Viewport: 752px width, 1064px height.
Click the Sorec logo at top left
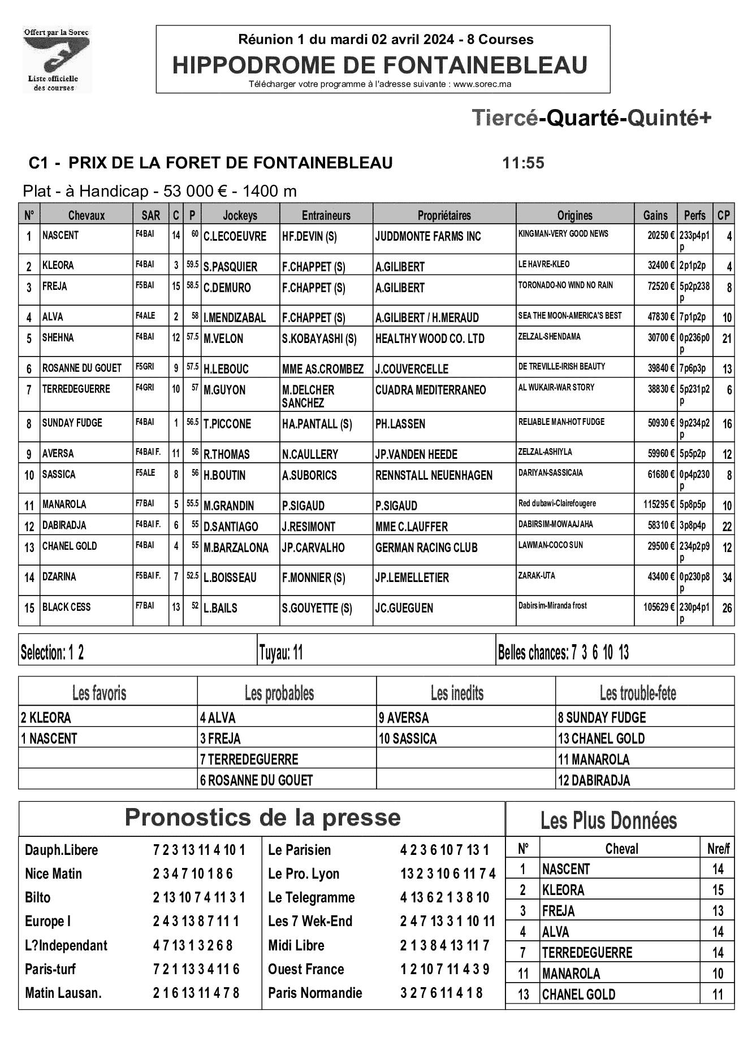(57, 60)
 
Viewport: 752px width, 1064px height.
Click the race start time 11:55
(523, 163)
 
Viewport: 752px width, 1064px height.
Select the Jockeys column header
(240, 215)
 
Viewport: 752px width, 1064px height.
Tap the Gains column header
(655, 215)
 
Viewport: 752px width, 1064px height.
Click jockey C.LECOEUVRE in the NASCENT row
(235, 237)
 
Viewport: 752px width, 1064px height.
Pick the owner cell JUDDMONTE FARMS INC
(428, 237)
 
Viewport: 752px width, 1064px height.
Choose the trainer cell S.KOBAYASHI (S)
(319, 339)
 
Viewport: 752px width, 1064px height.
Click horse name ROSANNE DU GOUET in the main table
(82, 368)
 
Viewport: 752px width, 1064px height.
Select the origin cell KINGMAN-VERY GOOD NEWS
(563, 233)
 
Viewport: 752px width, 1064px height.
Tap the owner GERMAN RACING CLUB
(426, 548)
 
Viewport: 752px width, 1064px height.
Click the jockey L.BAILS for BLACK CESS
(221, 609)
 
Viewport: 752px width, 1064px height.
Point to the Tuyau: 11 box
(281, 653)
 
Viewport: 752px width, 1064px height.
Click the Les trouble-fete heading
(638, 693)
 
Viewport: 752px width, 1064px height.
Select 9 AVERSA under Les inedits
(404, 718)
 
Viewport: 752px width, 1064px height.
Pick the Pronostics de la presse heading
(262, 818)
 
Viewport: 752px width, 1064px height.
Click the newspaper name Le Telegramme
(312, 898)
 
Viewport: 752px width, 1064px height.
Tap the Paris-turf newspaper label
(50, 970)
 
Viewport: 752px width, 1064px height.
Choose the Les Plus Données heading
(608, 820)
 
